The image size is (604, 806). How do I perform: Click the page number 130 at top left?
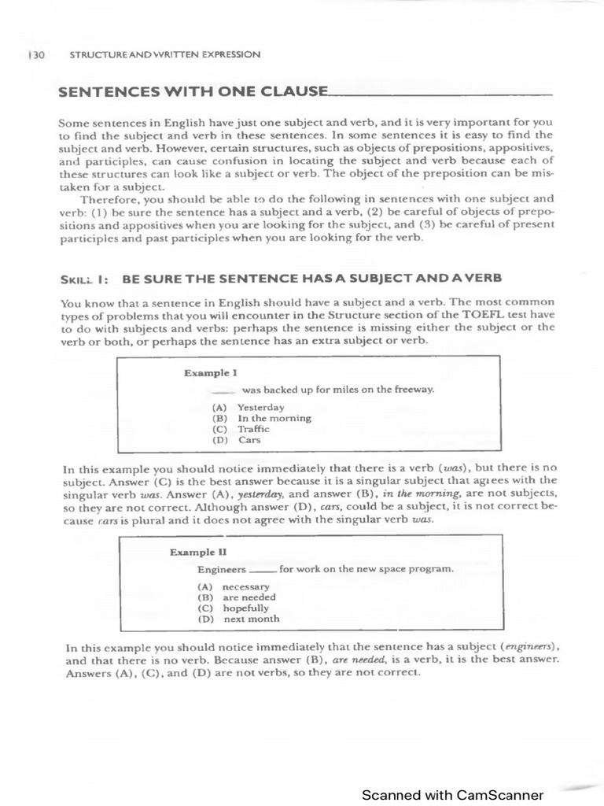[x=37, y=54]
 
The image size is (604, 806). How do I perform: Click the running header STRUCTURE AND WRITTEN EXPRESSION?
[x=164, y=54]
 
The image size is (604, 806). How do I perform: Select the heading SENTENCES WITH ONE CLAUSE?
[x=193, y=91]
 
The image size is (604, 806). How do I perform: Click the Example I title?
[x=210, y=372]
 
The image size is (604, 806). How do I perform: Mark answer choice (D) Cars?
[x=238, y=440]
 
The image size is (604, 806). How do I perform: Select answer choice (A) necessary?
[x=234, y=586]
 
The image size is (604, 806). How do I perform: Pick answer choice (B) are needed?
[x=237, y=597]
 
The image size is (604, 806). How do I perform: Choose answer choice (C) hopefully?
[x=234, y=608]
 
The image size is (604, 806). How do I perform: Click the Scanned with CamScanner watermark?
[x=452, y=795]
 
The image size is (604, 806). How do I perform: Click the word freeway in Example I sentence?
[x=415, y=390]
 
